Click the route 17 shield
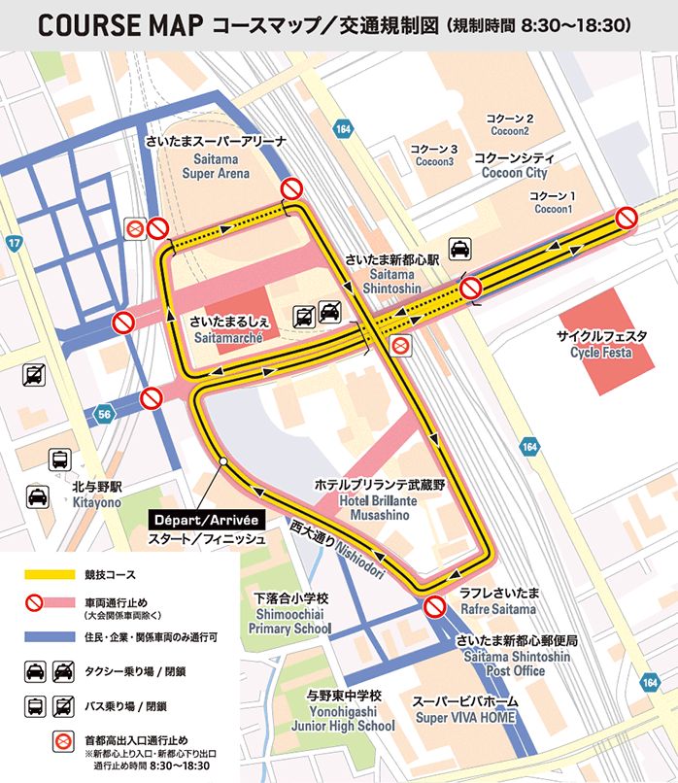pyautogui.click(x=14, y=243)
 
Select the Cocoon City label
pyautogui.click(x=514, y=165)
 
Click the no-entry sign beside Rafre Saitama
pyautogui.click(x=434, y=608)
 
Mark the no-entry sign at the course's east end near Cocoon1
pyautogui.click(x=627, y=218)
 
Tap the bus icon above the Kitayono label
pyautogui.click(x=60, y=460)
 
